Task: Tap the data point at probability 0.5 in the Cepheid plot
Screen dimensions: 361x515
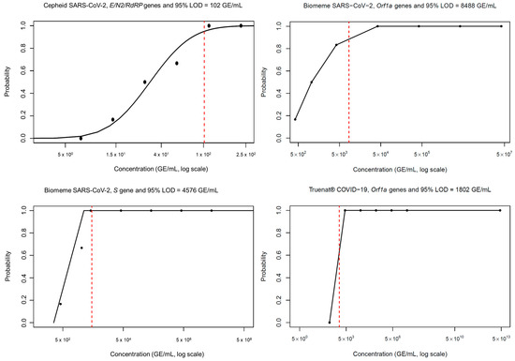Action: [x=144, y=82]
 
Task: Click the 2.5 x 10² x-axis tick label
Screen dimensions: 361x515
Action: [x=240, y=153]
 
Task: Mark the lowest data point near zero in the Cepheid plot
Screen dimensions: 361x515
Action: [x=81, y=138]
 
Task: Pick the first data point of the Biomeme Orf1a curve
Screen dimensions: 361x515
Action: [x=296, y=119]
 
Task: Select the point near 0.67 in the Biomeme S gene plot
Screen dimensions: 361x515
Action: [x=81, y=248]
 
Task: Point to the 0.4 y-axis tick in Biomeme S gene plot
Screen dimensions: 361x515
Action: [x=26, y=278]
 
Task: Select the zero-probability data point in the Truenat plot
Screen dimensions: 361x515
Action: [x=330, y=323]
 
